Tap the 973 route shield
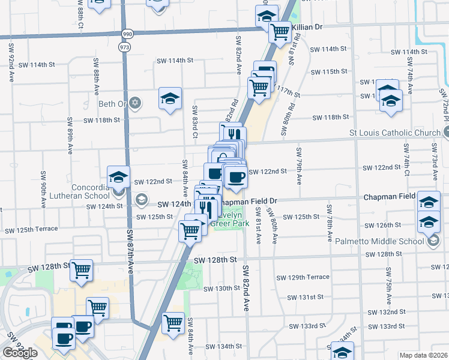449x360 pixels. pyautogui.click(x=124, y=47)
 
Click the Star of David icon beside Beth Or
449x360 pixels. pyautogui.click(x=136, y=103)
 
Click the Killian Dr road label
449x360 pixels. pyautogui.click(x=307, y=28)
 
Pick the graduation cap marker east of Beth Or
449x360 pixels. pyautogui.click(x=170, y=98)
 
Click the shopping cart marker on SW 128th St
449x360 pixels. pyautogui.click(x=81, y=270)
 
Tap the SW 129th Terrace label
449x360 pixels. pyautogui.click(x=303, y=277)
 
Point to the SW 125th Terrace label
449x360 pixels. pyautogui.click(x=31, y=229)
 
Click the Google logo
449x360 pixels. pyautogui.click(x=20, y=353)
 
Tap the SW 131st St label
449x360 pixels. pyautogui.click(x=306, y=297)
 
